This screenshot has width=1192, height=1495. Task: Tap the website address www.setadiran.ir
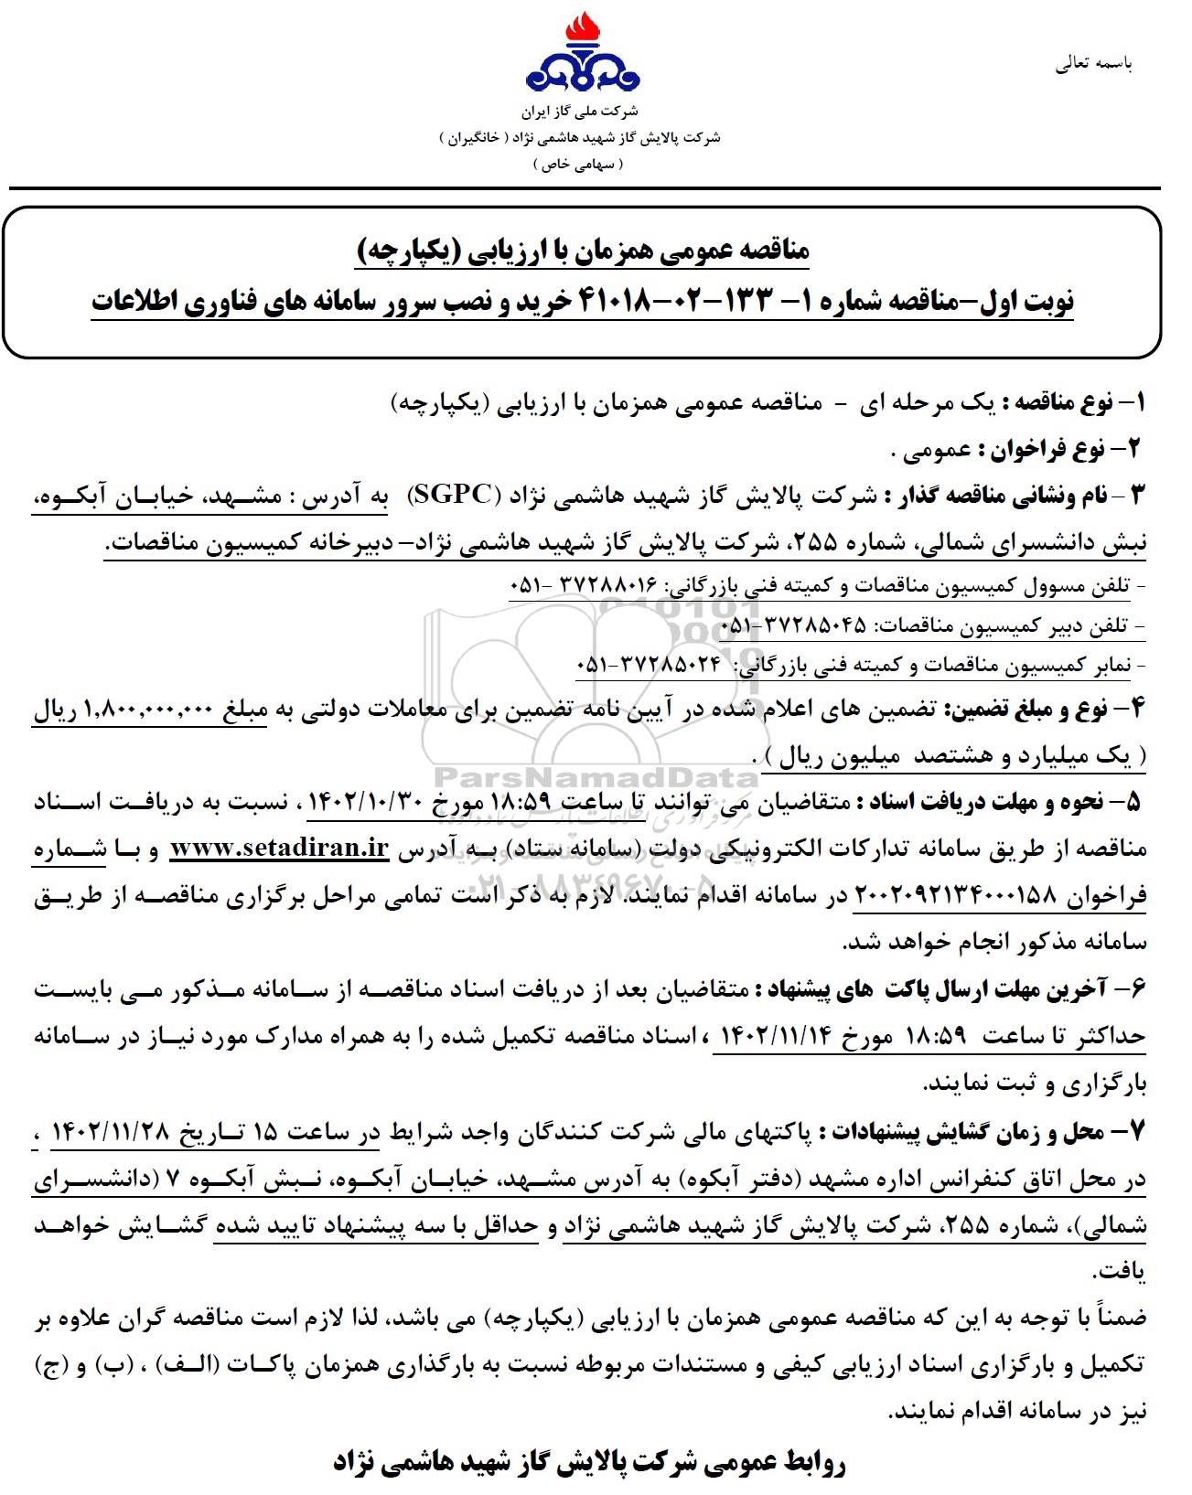[x=280, y=849]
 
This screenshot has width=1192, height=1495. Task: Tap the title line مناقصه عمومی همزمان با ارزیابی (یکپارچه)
[x=582, y=251]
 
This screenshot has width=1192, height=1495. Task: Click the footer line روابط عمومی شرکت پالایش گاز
[x=590, y=1462]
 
